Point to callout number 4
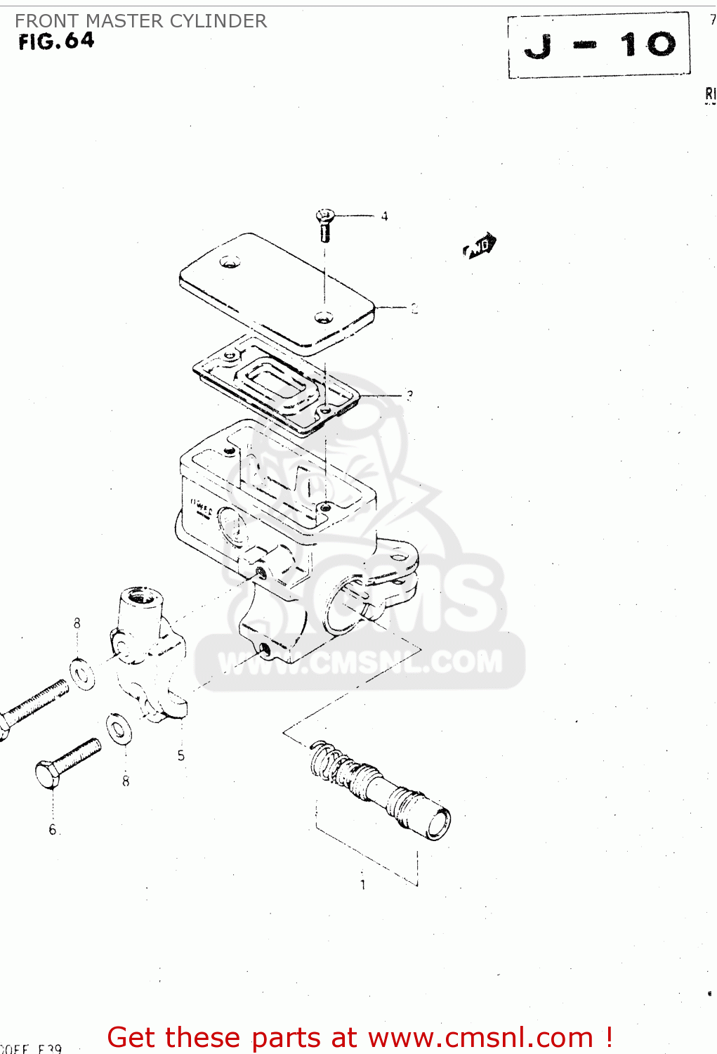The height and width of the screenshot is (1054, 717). coord(384,216)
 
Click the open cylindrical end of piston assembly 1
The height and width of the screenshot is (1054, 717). coord(438,823)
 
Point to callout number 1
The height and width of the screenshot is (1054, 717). coord(362,885)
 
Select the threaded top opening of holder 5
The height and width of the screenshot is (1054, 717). coord(143,598)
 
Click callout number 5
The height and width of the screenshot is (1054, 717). coord(181,755)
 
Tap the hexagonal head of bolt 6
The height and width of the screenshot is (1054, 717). coord(47,775)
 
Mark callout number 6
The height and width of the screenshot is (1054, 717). coord(53,830)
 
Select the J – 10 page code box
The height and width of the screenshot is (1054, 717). coord(599,45)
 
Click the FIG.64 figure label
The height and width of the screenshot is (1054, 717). coord(56,41)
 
